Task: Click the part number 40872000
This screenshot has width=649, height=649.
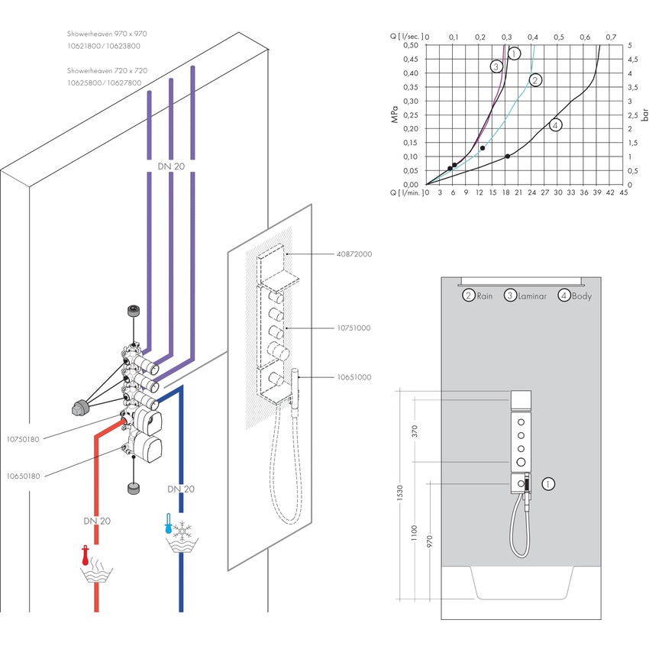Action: (x=354, y=253)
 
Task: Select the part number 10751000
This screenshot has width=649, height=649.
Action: (x=354, y=328)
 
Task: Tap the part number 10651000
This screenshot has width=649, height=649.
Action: (x=354, y=376)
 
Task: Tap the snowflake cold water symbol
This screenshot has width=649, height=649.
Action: (x=182, y=529)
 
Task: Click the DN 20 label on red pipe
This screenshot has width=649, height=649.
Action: (x=97, y=521)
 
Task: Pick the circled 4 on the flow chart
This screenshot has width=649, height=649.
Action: (x=555, y=125)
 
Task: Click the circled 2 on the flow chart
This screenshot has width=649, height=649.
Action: (x=535, y=80)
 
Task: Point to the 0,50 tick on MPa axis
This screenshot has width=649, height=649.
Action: (x=411, y=45)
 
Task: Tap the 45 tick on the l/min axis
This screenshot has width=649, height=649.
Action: (x=623, y=193)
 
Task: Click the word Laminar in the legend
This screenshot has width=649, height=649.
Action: (x=532, y=295)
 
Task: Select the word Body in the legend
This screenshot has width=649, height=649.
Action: (x=582, y=295)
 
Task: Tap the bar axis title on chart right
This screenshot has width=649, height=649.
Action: (x=644, y=115)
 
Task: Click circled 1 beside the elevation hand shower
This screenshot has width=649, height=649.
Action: (x=547, y=483)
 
